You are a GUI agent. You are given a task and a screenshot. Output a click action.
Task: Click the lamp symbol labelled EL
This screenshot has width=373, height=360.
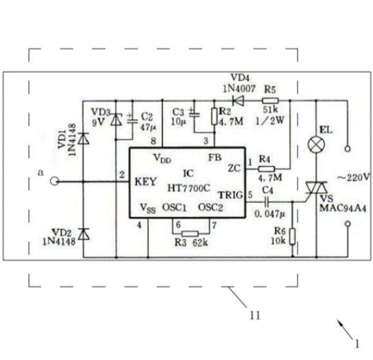coord(316,144)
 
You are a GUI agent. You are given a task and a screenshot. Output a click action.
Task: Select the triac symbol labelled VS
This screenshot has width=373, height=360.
coord(316,189)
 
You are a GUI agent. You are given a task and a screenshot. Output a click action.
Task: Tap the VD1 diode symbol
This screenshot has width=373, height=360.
coord(84,139)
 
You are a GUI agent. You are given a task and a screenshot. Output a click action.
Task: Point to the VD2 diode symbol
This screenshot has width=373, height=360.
coord(84,234)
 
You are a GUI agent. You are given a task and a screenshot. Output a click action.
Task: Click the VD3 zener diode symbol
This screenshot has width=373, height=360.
coord(116,120)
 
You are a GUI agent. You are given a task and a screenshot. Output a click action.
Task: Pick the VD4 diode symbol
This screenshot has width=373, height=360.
coord(238,100)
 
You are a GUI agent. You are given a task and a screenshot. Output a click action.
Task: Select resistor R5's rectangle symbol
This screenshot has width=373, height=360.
coord(270,100)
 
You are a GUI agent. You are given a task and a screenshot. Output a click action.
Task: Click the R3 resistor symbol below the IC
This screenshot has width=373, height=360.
coord(190,233)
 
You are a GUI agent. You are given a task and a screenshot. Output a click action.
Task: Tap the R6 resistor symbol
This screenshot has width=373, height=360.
coord(292,236)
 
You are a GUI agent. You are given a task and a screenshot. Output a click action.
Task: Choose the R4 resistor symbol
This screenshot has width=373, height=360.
coord(266,169)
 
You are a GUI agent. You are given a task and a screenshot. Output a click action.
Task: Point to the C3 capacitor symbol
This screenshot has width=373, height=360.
coord(194,113)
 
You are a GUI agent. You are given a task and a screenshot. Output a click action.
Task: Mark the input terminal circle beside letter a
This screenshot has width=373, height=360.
coord(54,182)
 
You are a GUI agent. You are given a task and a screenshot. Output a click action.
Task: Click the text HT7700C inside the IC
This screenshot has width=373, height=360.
coord(189,188)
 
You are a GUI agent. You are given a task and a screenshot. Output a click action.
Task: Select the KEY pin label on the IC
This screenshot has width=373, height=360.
coord(145,182)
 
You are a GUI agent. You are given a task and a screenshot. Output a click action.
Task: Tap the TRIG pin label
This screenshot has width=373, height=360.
coord(231,195)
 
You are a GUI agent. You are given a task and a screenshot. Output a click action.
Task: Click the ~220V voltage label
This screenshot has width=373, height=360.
coord(354,178)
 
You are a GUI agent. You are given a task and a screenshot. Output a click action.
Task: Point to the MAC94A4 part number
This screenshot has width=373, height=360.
coord(343,209)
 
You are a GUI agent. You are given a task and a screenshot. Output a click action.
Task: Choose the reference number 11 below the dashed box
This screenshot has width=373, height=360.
coord(255,315)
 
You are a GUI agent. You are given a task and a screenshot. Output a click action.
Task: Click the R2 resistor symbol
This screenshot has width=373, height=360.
coord(214,116)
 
